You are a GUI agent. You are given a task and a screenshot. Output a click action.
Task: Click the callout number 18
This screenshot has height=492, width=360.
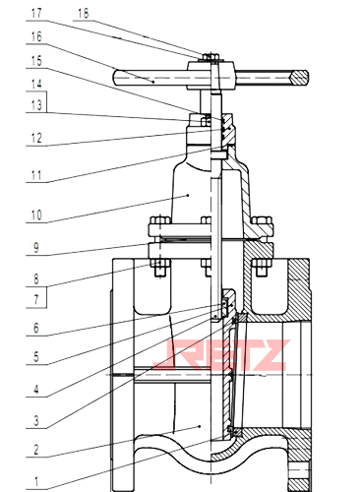tap(84, 14)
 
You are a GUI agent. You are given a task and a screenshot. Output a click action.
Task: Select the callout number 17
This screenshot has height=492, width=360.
tap(36, 14)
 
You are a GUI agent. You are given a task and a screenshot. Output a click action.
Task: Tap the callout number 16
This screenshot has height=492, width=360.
tap(36, 36)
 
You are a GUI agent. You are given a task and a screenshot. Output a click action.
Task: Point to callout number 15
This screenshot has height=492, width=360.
tap(36, 61)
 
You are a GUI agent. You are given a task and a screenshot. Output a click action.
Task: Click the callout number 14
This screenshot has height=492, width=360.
tap(36, 84)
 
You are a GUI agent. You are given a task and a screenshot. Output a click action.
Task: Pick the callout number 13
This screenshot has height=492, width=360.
tap(36, 105)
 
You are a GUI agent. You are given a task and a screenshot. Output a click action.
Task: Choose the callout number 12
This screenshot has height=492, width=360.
tap(36, 138)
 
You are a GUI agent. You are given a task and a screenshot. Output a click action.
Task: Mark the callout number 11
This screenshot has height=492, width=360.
tap(36, 175)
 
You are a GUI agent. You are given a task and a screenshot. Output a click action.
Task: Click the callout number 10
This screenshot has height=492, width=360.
tap(36, 215)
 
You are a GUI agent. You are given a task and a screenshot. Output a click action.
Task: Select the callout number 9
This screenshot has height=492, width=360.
tap(36, 248)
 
